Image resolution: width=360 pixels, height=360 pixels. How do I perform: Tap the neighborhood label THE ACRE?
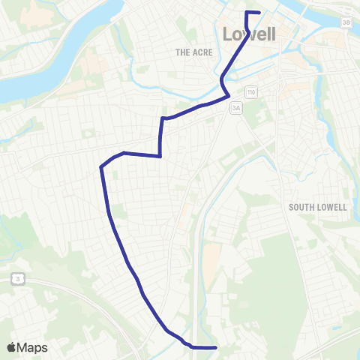[x=194, y=52]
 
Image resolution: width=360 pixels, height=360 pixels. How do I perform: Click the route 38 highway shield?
[x=346, y=23]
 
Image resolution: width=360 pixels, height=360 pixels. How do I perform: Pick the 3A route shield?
[x=238, y=108]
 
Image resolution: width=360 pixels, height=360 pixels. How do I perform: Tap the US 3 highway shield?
[x=16, y=279]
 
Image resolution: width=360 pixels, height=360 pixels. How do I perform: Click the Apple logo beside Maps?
[x=12, y=347]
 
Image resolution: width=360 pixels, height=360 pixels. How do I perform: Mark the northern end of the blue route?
[x=259, y=12]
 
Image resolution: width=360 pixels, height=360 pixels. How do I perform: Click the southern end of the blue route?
[x=215, y=347]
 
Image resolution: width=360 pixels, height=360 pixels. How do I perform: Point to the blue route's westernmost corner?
[x=100, y=168]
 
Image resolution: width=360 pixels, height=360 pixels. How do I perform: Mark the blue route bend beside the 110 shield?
[x=228, y=96]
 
